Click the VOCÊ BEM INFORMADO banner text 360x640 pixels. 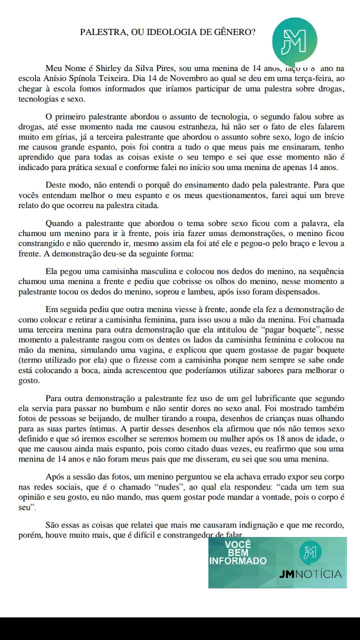point(238,552)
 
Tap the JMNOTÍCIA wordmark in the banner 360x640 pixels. point(311,574)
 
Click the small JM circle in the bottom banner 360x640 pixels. point(310,551)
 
